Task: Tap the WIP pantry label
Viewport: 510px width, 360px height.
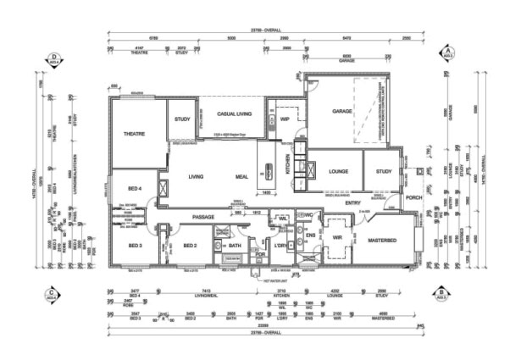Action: coord(285,119)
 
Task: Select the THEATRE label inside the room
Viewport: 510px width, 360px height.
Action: coord(136,134)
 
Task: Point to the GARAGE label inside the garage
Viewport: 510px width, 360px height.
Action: coord(341,111)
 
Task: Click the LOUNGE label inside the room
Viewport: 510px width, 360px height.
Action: coord(338,172)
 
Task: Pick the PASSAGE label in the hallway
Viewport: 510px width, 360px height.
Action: coord(202,216)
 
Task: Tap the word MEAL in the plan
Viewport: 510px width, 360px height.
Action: coord(241,177)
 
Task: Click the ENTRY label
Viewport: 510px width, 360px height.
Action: coord(353,202)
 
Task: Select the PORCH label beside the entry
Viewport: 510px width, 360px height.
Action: coord(413,198)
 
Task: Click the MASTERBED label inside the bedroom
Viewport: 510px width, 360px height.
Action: coord(382,241)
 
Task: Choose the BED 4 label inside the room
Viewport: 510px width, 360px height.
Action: coord(135,189)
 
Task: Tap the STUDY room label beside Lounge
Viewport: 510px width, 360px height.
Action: coord(384,172)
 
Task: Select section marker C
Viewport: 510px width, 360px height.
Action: coord(53,295)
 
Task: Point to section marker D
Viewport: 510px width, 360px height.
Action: coord(53,58)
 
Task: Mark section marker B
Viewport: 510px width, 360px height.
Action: coord(442,295)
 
